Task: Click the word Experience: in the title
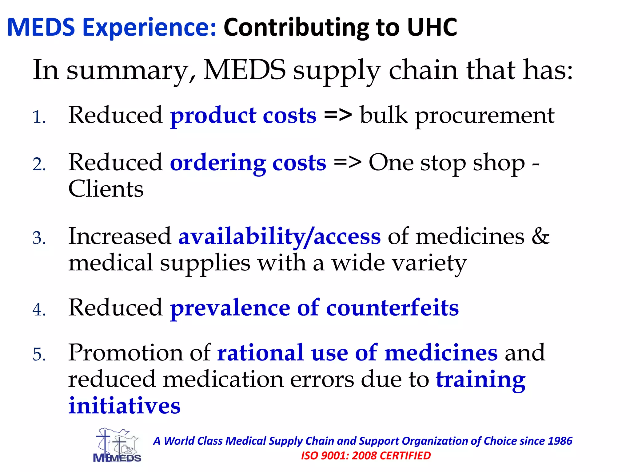(150, 28)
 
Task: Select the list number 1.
(39, 117)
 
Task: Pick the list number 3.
(39, 238)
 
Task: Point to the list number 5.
(39, 355)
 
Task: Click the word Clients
(106, 189)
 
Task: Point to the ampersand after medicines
(540, 237)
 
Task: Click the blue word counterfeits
(392, 308)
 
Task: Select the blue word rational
(261, 353)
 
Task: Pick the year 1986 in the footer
(560, 441)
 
